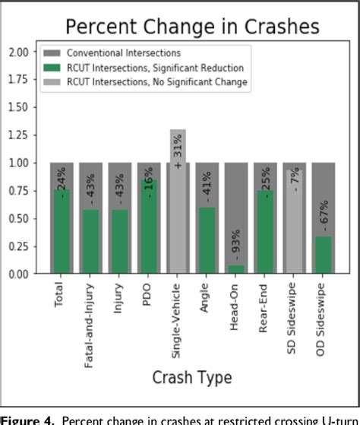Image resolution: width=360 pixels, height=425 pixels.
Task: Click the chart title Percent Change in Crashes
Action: tap(191, 27)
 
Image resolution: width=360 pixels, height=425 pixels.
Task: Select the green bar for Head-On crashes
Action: tap(236, 268)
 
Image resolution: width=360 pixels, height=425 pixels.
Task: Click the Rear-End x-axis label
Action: tap(265, 304)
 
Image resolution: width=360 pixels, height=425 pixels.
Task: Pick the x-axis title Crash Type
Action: tap(191, 377)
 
